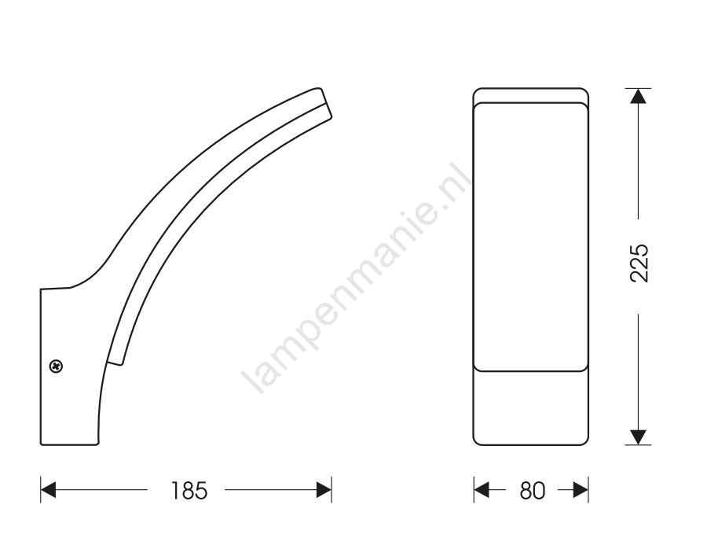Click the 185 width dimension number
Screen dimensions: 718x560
pyautogui.click(x=189, y=490)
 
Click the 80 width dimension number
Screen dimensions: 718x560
pyautogui.click(x=532, y=490)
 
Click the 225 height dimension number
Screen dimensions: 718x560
pyautogui.click(x=639, y=263)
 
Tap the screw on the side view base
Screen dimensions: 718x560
pyautogui.click(x=56, y=366)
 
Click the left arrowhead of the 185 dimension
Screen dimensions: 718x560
pyautogui.click(x=48, y=490)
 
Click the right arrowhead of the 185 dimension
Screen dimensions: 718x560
pyautogui.click(x=324, y=490)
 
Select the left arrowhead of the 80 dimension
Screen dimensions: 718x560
pyautogui.click(x=482, y=490)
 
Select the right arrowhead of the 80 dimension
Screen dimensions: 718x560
pyautogui.click(x=581, y=490)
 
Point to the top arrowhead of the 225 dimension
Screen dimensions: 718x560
pyautogui.click(x=639, y=96)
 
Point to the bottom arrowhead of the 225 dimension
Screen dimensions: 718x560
pyautogui.click(x=639, y=437)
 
